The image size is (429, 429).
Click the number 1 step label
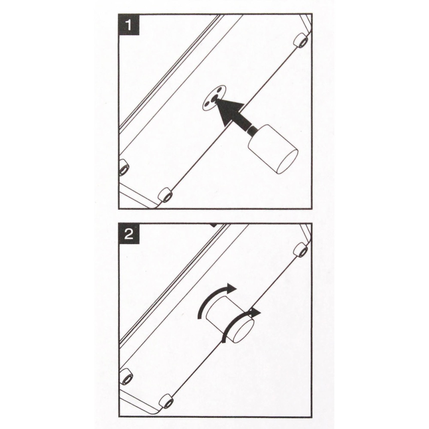click(129, 25)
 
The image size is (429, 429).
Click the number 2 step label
click(129, 234)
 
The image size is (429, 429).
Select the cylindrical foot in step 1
click(273, 149)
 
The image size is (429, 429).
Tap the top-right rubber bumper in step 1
click(301, 40)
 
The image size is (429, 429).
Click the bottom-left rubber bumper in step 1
click(124, 167)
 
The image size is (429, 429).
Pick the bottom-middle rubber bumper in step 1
click(165, 195)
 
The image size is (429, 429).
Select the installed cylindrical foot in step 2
click(230, 319)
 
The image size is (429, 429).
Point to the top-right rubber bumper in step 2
click(301, 250)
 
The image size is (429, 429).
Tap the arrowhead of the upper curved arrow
click(231, 288)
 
